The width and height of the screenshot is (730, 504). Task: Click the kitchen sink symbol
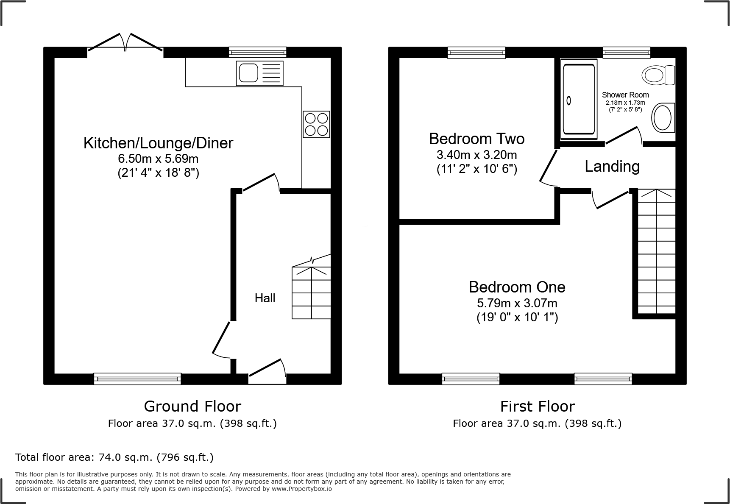pos(259,73)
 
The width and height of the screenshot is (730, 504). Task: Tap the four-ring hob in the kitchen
pos(316,124)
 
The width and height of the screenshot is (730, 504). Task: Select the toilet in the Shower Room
pos(658,75)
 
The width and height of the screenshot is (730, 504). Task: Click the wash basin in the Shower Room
pos(662,118)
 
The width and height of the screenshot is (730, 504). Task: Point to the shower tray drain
pos(568,101)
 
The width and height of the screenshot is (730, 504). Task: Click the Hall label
pos(265,298)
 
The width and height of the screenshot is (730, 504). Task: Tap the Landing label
pos(612,167)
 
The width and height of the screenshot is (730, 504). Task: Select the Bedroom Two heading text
pos(476,139)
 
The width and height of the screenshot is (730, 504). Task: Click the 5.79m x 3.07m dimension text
pos(517,304)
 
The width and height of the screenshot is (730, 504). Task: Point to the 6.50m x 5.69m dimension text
pos(158,159)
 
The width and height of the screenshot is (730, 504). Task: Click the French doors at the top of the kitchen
pos(125,44)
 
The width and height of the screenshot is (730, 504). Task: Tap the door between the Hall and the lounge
pos(220,339)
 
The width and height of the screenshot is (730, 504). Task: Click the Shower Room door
pos(623,136)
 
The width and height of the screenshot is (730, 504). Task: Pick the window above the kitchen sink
pos(257,52)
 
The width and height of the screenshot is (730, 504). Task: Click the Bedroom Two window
pos(476,52)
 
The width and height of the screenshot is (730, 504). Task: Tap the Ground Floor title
pos(192,407)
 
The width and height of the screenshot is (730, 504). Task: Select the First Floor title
pos(537,407)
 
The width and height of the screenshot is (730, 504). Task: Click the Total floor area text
pos(114,457)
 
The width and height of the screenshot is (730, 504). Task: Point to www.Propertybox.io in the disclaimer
pos(301,489)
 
